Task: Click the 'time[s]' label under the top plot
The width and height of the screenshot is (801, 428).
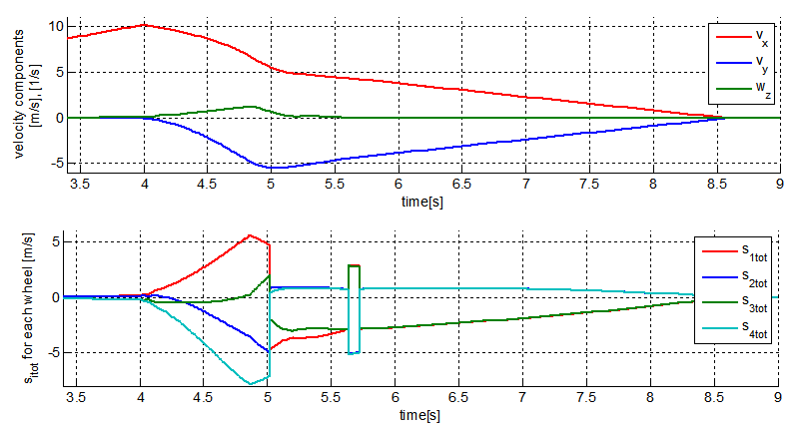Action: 423,201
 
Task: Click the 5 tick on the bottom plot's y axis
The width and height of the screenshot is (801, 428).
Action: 56,241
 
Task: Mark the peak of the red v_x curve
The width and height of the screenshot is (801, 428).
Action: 145,25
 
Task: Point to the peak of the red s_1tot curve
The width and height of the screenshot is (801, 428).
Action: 250,235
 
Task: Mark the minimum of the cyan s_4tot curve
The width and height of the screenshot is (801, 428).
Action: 251,383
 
